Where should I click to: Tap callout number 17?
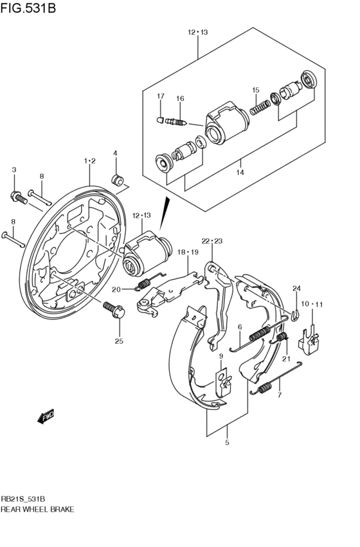click(x=161, y=96)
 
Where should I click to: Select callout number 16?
click(x=180, y=98)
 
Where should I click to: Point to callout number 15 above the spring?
click(x=255, y=90)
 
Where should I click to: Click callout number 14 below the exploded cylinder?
click(x=240, y=172)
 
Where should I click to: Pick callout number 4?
click(x=116, y=153)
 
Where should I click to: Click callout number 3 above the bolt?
click(x=14, y=170)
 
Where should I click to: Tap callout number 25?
click(x=118, y=341)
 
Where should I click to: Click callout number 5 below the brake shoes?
click(x=227, y=442)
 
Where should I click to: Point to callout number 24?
click(x=297, y=288)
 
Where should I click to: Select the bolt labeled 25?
click(x=116, y=311)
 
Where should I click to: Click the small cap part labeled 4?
click(x=118, y=179)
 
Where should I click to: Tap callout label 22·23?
click(x=211, y=241)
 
